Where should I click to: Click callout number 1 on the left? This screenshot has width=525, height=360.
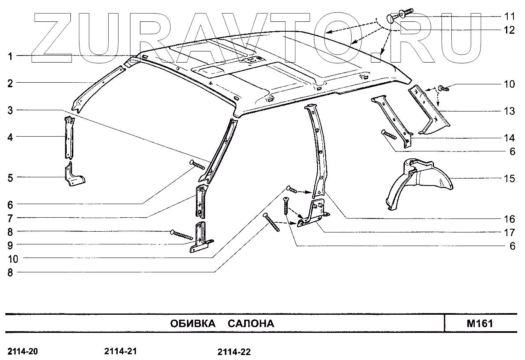click(x=10, y=56)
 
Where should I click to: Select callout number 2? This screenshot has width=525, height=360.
click(x=10, y=83)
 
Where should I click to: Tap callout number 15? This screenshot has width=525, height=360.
click(x=509, y=179)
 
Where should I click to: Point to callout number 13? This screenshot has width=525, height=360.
click(x=509, y=111)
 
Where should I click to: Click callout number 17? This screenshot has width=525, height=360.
click(x=509, y=232)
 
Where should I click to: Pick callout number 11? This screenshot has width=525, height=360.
click(x=509, y=16)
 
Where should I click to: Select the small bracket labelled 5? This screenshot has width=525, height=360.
click(x=74, y=177)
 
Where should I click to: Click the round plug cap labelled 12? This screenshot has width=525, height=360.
click(x=392, y=19)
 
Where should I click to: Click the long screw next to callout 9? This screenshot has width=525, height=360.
click(x=181, y=235)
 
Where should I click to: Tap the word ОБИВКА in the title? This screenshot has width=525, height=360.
click(x=193, y=323)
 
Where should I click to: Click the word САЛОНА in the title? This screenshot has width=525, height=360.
click(x=251, y=323)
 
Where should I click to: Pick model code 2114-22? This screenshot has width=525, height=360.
click(x=234, y=352)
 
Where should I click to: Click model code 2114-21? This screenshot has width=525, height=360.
click(x=121, y=351)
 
